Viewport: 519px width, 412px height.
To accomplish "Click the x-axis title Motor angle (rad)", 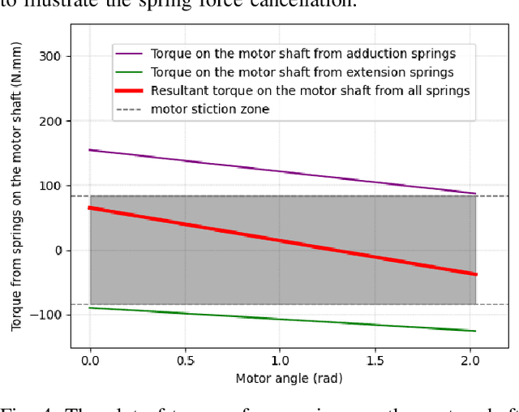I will tap(280, 378).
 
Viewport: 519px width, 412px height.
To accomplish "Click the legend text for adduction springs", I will tap(302, 54).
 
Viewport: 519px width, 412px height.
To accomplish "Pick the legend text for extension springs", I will tap(302, 72).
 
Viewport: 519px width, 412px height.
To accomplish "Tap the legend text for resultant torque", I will tap(310, 91).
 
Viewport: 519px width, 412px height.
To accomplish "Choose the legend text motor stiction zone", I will tap(210, 109).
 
